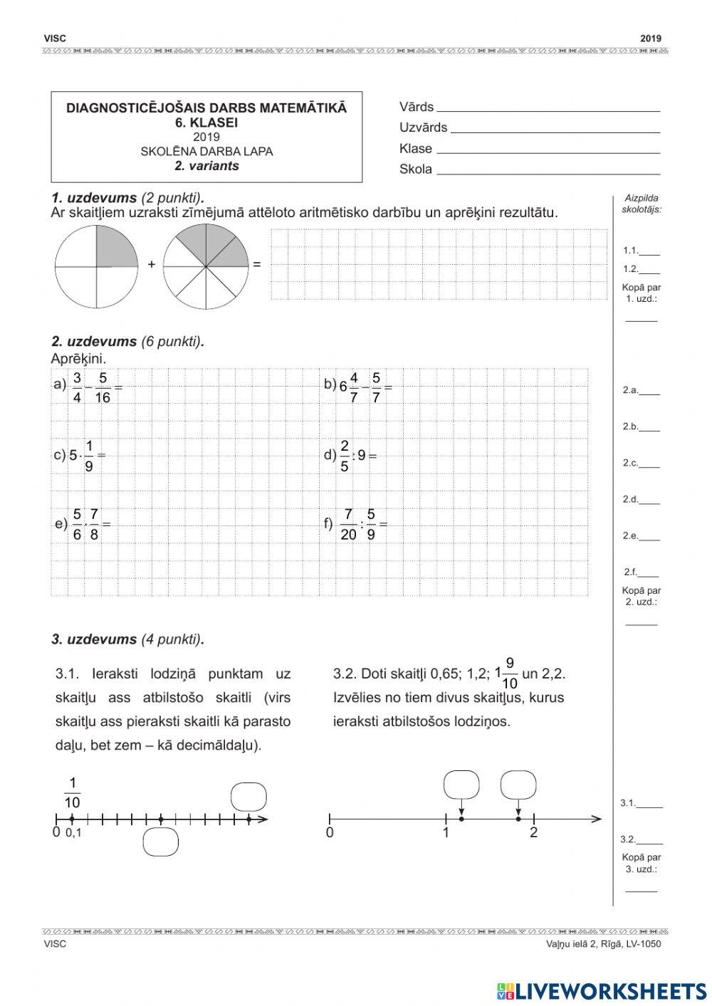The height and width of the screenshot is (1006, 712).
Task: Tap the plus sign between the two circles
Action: (x=151, y=264)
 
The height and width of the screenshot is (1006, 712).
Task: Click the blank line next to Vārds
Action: (x=548, y=108)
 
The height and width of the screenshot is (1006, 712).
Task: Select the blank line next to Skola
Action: (x=548, y=171)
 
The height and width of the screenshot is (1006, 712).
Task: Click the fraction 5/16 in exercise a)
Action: (x=103, y=387)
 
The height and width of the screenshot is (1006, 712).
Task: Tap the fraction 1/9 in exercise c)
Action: (x=89, y=456)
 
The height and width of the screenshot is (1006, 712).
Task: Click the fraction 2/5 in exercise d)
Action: (x=345, y=456)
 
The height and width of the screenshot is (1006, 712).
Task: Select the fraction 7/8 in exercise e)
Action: (x=94, y=524)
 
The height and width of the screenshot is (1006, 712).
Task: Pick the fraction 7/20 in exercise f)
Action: (x=348, y=524)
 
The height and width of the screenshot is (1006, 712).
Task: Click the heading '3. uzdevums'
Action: (x=94, y=639)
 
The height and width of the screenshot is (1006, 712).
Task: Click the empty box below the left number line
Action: (x=160, y=842)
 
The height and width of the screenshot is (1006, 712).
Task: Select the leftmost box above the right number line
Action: (x=461, y=785)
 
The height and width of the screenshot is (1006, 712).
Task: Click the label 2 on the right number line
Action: (x=533, y=832)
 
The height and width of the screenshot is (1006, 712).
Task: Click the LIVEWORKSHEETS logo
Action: (x=602, y=990)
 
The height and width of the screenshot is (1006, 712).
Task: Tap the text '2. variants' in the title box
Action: (x=206, y=166)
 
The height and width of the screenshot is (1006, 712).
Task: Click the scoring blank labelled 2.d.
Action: (x=649, y=500)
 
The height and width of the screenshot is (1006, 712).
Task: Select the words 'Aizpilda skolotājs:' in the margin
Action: (x=642, y=204)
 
